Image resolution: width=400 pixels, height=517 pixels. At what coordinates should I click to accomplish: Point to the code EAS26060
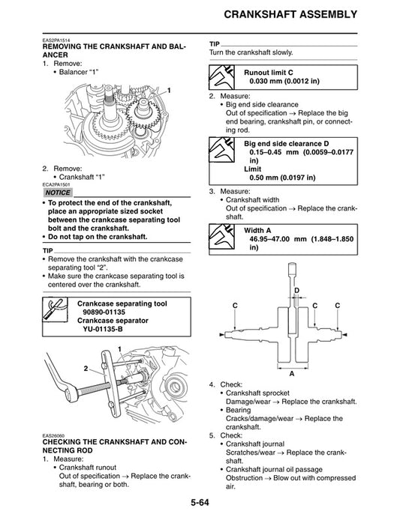[54, 436]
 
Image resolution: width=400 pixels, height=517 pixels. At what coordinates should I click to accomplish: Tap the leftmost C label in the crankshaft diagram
[235, 306]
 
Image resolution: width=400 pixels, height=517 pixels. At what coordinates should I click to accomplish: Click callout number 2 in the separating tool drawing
[86, 369]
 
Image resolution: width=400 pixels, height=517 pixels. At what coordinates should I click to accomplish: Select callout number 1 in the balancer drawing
[169, 90]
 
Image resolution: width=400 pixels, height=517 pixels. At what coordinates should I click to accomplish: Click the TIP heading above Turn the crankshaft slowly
[215, 43]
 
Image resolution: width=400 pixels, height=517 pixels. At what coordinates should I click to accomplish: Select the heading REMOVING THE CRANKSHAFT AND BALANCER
[113, 51]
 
